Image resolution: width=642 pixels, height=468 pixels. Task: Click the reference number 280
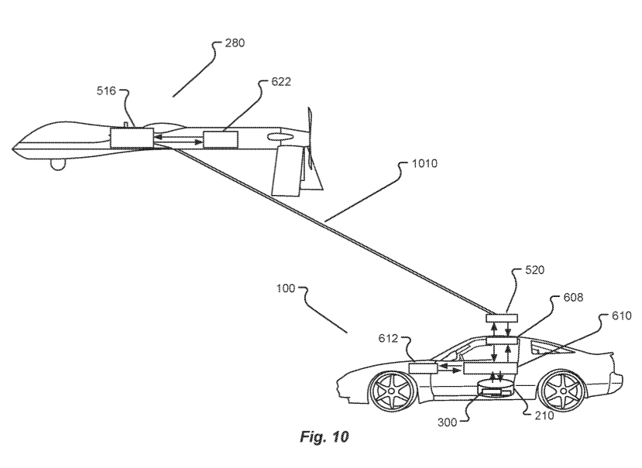[235, 43]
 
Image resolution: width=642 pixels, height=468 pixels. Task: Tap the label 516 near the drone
[106, 91]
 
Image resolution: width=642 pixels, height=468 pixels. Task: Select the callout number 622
[281, 82]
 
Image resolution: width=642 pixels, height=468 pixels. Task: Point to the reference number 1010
[424, 164]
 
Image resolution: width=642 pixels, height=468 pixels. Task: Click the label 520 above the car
[534, 270]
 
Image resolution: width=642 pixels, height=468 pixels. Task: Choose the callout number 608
[573, 297]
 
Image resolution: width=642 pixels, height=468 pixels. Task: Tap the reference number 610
[622, 316]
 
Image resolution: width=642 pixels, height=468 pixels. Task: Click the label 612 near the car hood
[388, 338]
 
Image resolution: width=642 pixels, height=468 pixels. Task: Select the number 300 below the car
[447, 422]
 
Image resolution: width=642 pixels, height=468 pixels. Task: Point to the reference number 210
[544, 415]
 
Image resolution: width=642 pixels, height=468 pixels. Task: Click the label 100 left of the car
[286, 289]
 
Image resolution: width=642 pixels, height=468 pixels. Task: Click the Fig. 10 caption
[324, 436]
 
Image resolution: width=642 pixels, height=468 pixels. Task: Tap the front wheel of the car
[392, 391]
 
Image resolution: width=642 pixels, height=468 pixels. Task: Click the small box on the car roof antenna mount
[502, 318]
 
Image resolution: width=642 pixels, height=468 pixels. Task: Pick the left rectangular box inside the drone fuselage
[132, 138]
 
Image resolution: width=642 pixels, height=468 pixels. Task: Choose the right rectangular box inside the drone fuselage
[221, 139]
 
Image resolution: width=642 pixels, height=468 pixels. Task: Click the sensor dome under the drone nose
[58, 165]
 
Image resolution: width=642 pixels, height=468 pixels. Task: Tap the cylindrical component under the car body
[496, 388]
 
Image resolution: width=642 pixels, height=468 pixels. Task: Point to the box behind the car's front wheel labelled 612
[424, 367]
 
